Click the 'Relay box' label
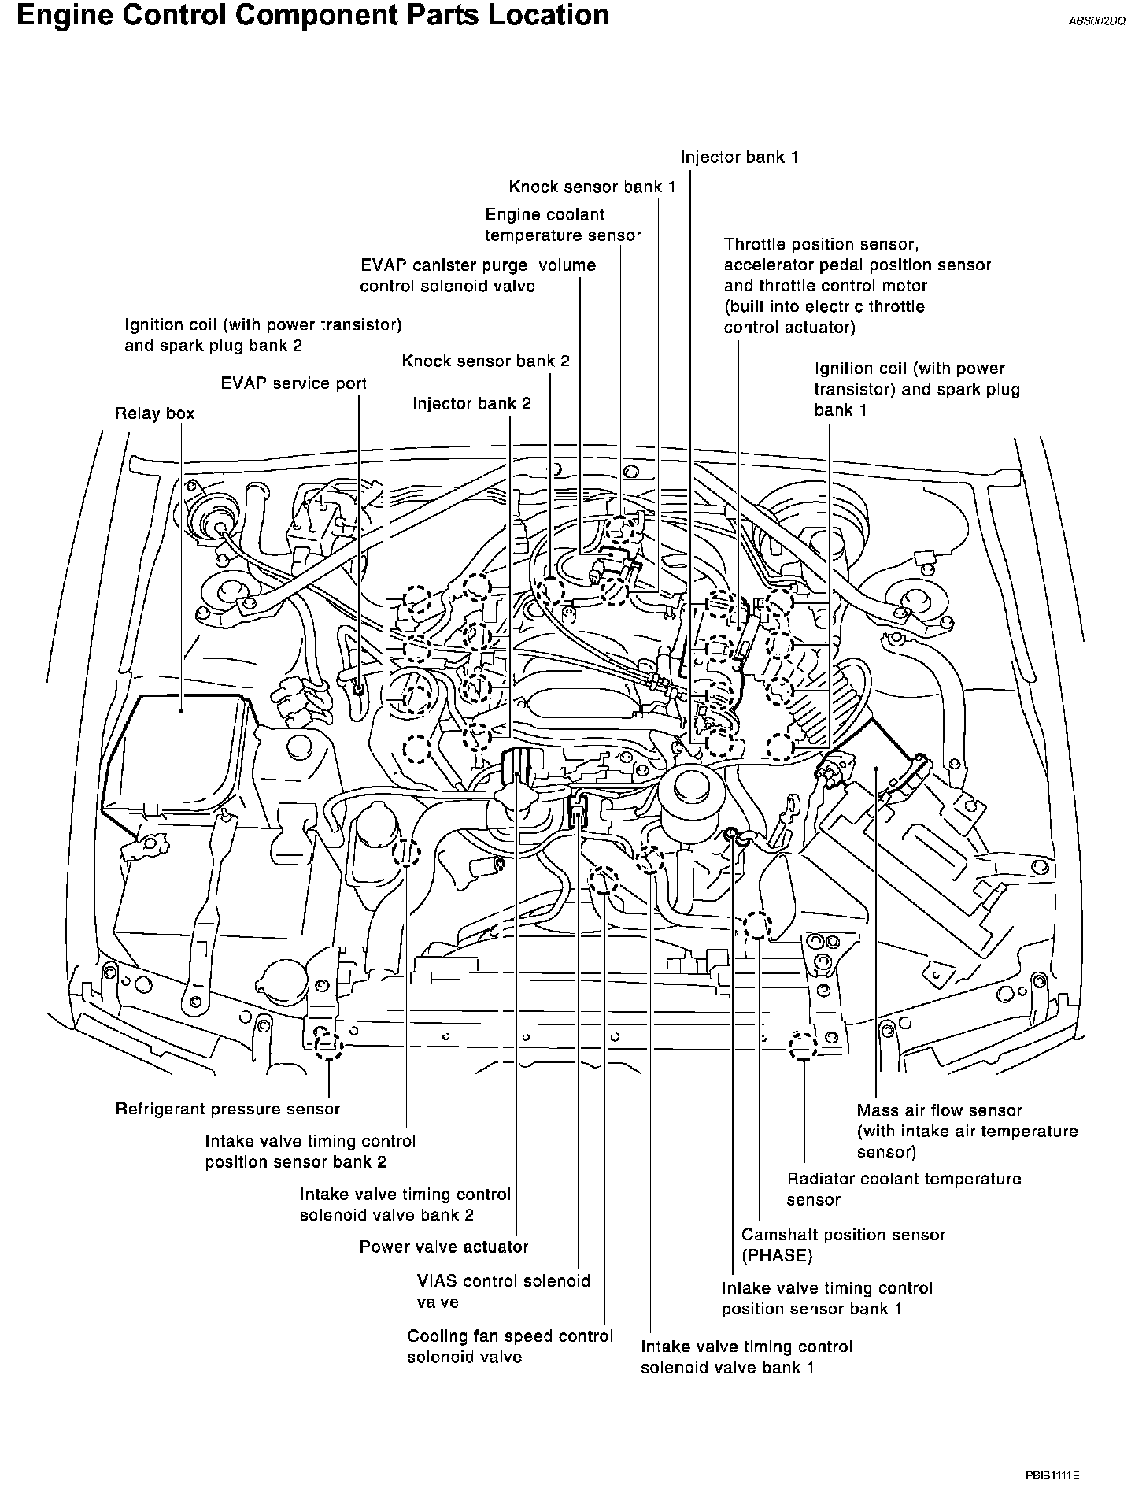click(x=154, y=413)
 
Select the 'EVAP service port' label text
click(x=293, y=383)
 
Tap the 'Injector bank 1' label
click(x=739, y=157)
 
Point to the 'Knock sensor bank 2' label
click(x=485, y=361)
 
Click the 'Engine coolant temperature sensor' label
click(x=563, y=224)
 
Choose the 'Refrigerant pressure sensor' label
click(x=227, y=1109)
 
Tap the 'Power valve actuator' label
click(x=443, y=1247)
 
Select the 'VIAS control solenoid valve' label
click(x=503, y=1291)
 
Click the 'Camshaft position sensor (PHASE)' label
click(x=843, y=1244)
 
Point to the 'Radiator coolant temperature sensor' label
click(x=904, y=1189)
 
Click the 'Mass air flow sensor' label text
click(x=939, y=1110)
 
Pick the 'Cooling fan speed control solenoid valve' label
click(x=509, y=1346)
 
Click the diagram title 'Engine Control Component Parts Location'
click(x=312, y=16)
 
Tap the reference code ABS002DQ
click(x=1096, y=22)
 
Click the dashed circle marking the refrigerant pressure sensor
click(x=328, y=1045)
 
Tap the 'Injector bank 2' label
click(x=471, y=404)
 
